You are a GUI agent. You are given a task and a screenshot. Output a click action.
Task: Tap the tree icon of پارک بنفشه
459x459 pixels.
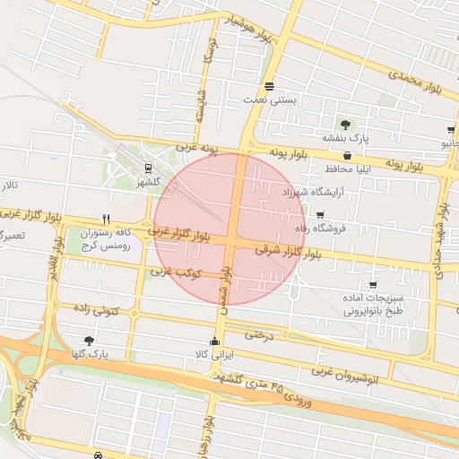346,124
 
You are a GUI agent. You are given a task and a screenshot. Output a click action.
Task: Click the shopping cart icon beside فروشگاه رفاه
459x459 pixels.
320,214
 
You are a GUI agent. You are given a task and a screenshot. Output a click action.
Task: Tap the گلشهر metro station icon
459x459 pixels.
148,168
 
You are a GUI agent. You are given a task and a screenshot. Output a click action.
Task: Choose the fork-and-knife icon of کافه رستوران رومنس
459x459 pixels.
106,218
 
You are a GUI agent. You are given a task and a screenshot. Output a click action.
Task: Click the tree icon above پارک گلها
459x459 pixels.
89,340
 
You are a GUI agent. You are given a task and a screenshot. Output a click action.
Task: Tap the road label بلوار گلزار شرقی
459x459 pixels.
288,250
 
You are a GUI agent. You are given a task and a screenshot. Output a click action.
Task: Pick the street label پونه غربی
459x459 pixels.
197,146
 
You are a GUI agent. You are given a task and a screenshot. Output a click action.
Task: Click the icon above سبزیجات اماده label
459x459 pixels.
373,284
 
